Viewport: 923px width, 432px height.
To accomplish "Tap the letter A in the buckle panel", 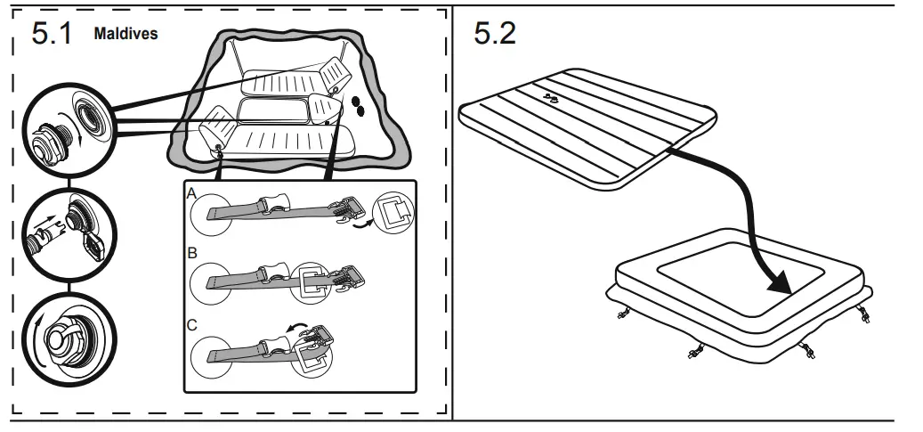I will [x=191, y=192].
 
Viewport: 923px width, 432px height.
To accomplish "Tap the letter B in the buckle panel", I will [x=191, y=253].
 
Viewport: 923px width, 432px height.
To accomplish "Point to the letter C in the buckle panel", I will [x=191, y=326].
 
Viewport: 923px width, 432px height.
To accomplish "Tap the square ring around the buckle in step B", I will [x=314, y=281].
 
